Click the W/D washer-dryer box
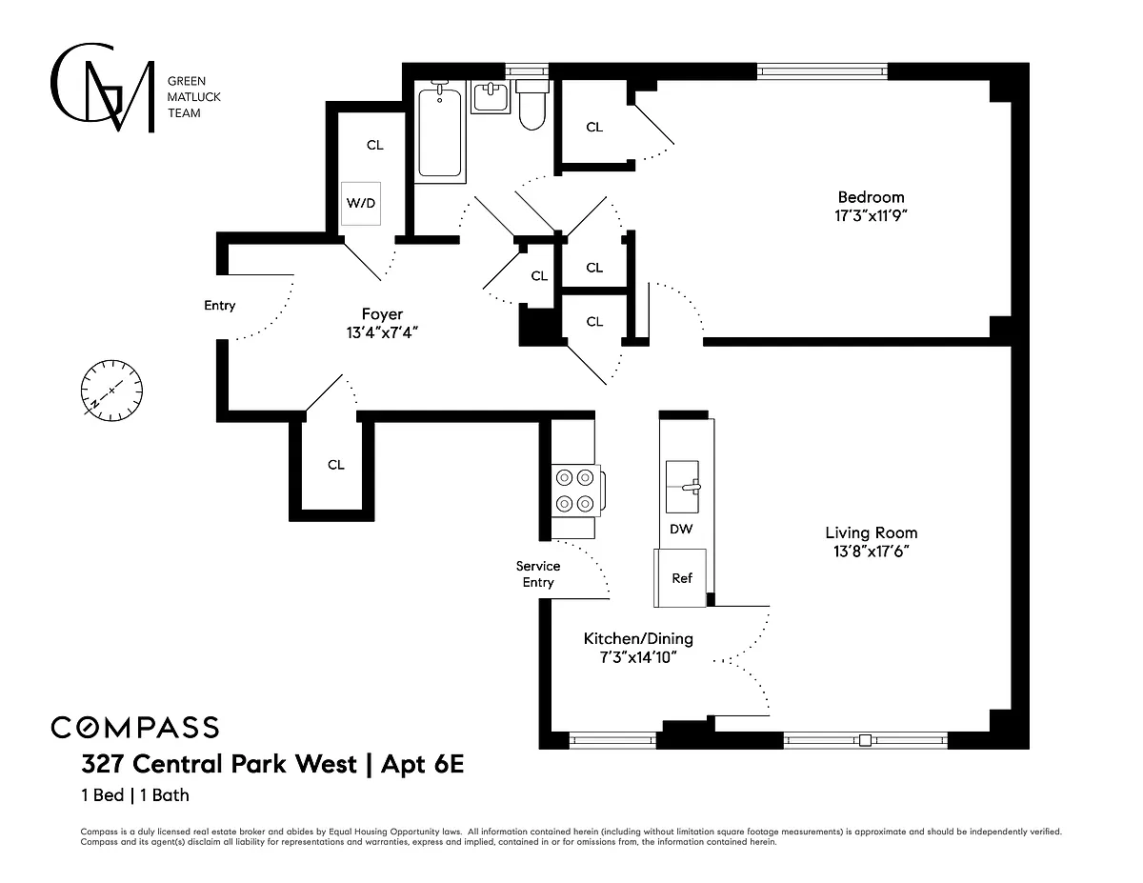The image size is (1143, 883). tap(361, 204)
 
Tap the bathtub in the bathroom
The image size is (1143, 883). tap(440, 131)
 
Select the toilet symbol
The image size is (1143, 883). tap(532, 105)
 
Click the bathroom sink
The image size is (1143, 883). tap(491, 97)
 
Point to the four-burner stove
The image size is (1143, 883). tap(576, 491)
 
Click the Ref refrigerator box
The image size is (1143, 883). tap(680, 578)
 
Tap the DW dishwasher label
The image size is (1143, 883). tap(681, 529)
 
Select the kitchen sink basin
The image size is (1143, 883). tap(683, 487)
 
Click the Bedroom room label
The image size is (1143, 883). tap(871, 197)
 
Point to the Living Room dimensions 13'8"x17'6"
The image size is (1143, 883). tap(871, 552)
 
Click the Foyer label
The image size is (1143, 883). tap(382, 314)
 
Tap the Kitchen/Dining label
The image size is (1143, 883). tap(638, 638)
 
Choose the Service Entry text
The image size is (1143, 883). tap(538, 573)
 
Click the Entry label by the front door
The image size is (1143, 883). tap(220, 306)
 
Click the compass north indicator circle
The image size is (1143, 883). tap(111, 391)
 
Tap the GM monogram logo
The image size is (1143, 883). tap(103, 88)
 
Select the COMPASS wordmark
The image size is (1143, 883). tap(134, 728)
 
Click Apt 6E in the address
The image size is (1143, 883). tap(422, 764)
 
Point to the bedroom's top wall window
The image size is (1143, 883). tap(822, 71)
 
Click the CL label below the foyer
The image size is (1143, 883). tap(336, 465)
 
